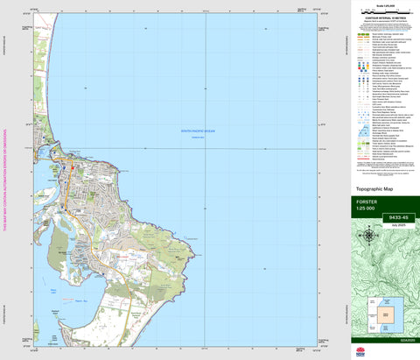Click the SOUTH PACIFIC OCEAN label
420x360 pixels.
coord(198,131)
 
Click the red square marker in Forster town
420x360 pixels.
coord(73,166)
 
